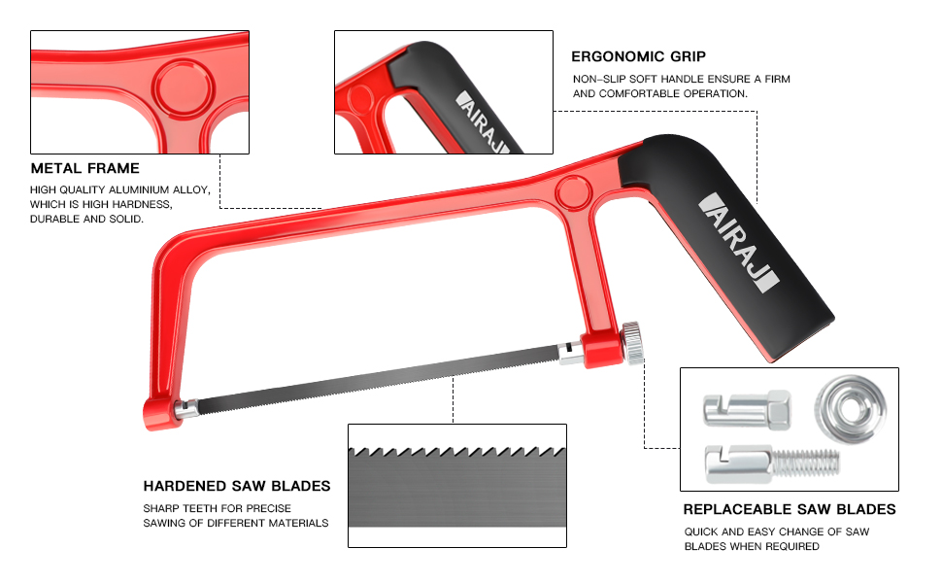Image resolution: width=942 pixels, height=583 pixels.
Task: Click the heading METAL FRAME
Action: [85, 169]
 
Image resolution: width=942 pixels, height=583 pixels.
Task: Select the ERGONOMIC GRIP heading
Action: [638, 56]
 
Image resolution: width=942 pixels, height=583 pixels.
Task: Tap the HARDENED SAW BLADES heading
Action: [237, 486]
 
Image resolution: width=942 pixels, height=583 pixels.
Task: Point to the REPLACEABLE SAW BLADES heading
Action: [789, 509]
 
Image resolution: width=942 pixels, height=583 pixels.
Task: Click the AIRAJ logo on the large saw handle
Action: [739, 243]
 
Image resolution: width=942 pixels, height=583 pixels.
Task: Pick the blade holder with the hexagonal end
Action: [746, 408]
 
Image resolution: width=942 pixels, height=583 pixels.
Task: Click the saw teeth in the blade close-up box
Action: [456, 452]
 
